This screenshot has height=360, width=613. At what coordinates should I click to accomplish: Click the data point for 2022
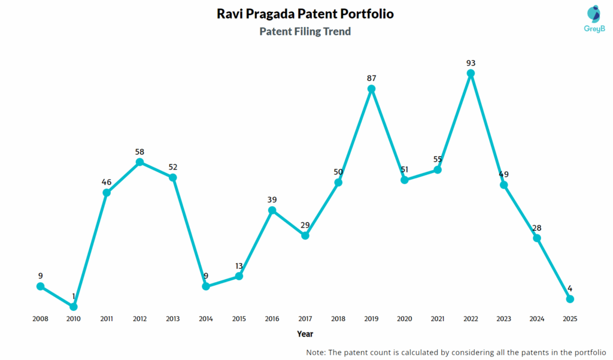click(471, 73)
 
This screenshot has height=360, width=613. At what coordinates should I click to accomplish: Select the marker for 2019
click(371, 89)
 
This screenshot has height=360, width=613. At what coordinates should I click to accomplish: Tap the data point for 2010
click(74, 307)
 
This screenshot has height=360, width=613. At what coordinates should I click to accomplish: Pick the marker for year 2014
click(206, 286)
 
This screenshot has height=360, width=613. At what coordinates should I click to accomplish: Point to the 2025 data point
click(570, 299)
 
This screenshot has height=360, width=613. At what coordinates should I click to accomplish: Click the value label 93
click(471, 62)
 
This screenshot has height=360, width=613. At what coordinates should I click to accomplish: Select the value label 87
click(371, 78)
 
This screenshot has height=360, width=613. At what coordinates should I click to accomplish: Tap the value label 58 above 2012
click(139, 152)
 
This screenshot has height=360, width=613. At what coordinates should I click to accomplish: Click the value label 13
click(239, 265)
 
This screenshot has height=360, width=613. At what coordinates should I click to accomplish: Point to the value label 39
click(272, 199)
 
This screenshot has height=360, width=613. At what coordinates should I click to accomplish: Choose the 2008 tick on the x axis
click(40, 319)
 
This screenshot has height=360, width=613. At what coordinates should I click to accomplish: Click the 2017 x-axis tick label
click(305, 319)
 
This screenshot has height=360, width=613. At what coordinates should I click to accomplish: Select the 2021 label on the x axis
click(438, 319)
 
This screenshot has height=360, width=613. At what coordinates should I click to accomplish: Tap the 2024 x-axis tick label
click(537, 319)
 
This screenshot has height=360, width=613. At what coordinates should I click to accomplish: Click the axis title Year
click(305, 334)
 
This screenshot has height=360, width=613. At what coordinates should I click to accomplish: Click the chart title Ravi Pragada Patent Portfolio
click(305, 14)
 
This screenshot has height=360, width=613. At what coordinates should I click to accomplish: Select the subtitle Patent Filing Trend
click(305, 31)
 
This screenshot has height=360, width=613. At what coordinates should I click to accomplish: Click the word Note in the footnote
click(315, 352)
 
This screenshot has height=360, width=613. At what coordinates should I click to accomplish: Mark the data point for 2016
click(272, 210)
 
